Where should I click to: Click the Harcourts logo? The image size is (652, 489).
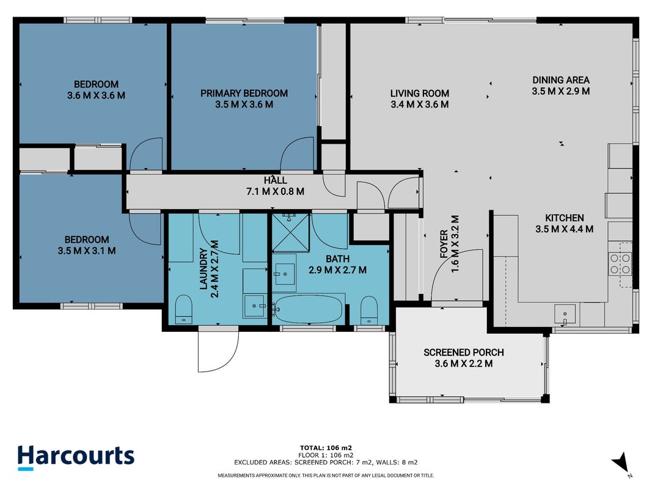pos(76,457)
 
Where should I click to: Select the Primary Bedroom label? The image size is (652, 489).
pos(244,93)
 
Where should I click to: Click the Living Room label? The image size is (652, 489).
pos(420,93)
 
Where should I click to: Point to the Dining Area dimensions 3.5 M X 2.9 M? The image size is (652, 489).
pos(561,91)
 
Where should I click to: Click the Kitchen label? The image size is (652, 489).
pos(564,218)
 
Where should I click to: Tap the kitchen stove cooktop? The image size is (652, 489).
pos(620,264)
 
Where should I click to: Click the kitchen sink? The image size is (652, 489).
pos(565,314)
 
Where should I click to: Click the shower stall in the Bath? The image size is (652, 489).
pos(291,233)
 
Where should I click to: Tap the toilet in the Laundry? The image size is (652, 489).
pos(183,309)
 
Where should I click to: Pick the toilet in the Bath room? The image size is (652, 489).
pos(369,310)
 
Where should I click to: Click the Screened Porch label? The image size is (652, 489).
pos(464,352)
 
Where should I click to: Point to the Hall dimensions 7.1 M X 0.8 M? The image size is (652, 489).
pos(275,192)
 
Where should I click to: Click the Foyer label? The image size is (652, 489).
pos(444,244)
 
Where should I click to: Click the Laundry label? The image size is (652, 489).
pos(203,268)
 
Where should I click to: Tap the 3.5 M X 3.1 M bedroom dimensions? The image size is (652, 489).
pos(87,251)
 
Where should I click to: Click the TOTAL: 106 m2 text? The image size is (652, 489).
pos(326,448)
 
